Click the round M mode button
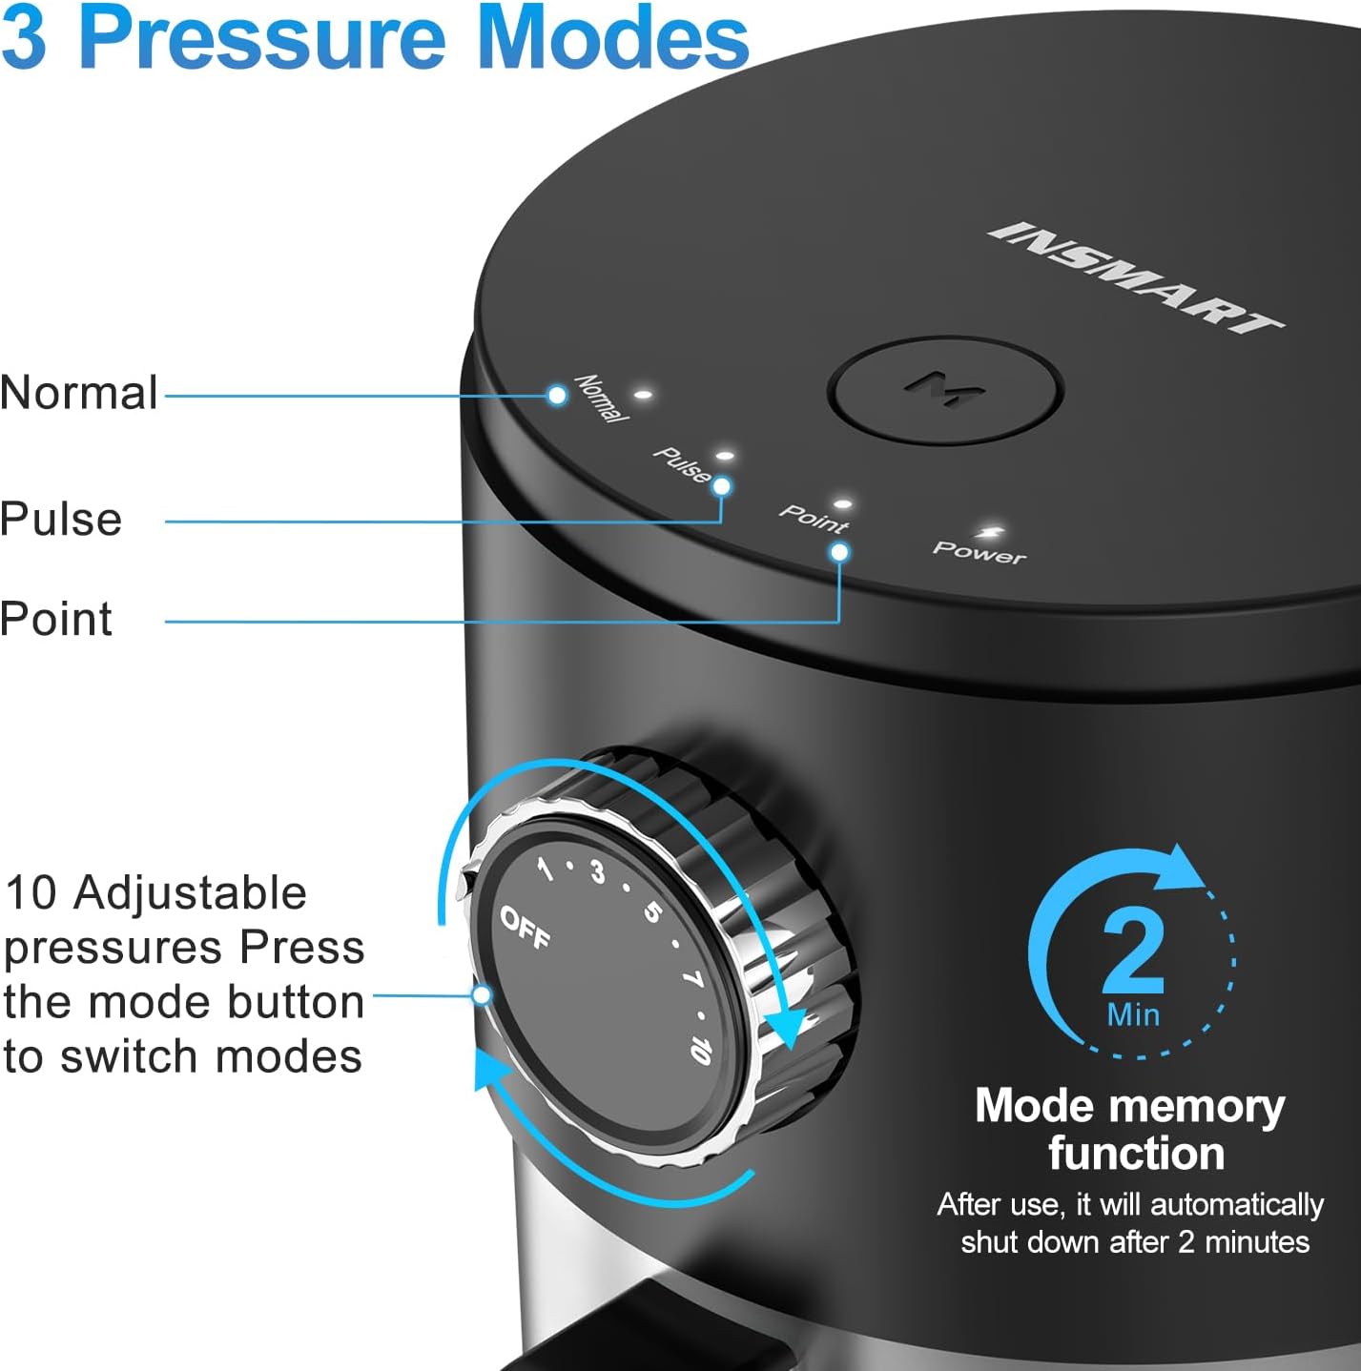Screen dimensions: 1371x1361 coord(944,389)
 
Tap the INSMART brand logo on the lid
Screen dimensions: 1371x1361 coord(1135,277)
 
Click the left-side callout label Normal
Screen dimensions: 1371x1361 coord(79,393)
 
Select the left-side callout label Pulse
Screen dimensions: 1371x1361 coord(61,520)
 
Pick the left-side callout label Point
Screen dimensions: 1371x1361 coord(56,619)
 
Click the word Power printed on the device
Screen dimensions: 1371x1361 coord(979,552)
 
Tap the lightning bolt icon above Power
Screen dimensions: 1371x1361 coord(989,532)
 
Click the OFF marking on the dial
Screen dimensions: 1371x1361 coord(526,928)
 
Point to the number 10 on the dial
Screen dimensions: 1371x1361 coord(701,1049)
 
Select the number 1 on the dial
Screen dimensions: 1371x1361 coord(545,869)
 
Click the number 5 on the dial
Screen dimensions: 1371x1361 coord(652,912)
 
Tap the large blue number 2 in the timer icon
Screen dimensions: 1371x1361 coord(1133,950)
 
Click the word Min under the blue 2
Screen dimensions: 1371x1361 coord(1133,1014)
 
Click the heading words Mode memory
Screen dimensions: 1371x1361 coord(1129,1106)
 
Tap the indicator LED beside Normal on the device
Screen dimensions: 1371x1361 coord(644,393)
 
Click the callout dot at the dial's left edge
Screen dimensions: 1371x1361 coord(483,995)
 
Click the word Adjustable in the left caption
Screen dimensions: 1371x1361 coord(190,893)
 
